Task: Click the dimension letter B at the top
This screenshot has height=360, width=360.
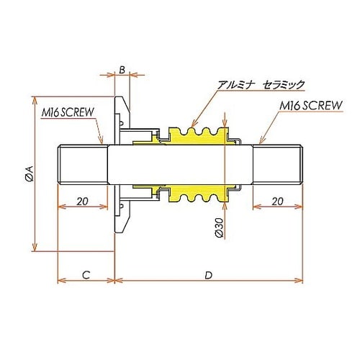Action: pyautogui.click(x=122, y=69)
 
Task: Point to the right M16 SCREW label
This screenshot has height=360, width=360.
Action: pyautogui.click(x=310, y=106)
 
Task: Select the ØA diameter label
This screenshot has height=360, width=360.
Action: pyautogui.click(x=28, y=174)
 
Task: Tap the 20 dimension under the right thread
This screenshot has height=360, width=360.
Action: pyautogui.click(x=277, y=202)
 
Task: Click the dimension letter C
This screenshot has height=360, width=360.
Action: pyautogui.click(x=85, y=274)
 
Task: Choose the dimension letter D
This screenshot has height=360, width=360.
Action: pyautogui.click(x=208, y=274)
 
